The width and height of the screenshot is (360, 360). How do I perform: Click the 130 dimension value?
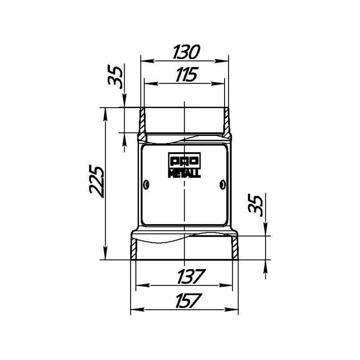pyautogui.click(x=186, y=52)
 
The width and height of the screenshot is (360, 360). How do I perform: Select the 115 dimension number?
pyautogui.click(x=186, y=74)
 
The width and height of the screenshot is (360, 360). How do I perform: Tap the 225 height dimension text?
pyautogui.click(x=97, y=181)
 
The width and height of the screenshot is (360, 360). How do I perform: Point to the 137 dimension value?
pyautogui.click(x=191, y=276)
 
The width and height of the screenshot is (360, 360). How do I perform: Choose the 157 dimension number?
pyautogui.click(x=189, y=300)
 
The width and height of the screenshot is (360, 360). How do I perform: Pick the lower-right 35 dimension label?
pyautogui.click(x=255, y=205)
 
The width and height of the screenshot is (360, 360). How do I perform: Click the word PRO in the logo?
pyautogui.click(x=184, y=161)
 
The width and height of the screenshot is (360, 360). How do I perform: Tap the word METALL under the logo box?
pyautogui.click(x=184, y=174)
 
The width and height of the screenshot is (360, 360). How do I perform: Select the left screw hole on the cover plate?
pyautogui.click(x=146, y=184)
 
